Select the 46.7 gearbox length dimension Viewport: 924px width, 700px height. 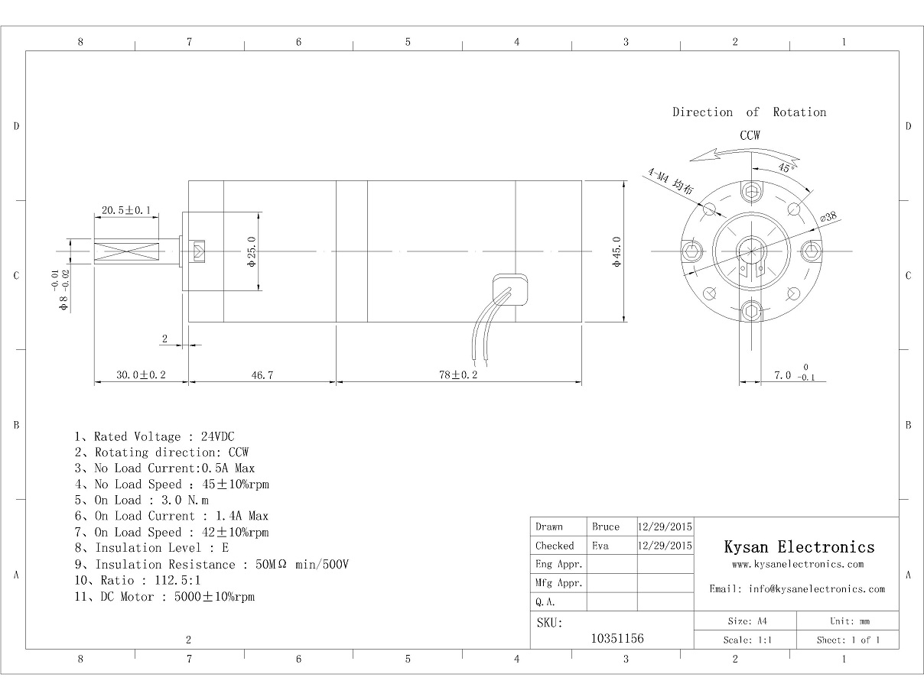262,375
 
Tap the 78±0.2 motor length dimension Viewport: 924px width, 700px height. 459,375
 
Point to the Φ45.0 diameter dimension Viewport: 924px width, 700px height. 617,251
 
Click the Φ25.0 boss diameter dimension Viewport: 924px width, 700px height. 251,251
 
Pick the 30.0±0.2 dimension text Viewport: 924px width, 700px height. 141,375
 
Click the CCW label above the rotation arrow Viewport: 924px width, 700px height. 750,135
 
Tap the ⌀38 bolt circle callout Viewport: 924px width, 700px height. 829,218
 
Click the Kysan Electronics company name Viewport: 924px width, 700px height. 799,546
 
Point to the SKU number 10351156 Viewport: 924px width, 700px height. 618,638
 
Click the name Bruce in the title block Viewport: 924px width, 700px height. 606,527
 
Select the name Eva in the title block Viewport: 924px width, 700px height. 600,546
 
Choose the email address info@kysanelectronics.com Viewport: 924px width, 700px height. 797,589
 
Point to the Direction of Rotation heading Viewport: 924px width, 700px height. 750,112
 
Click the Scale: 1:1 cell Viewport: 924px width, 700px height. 744,640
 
